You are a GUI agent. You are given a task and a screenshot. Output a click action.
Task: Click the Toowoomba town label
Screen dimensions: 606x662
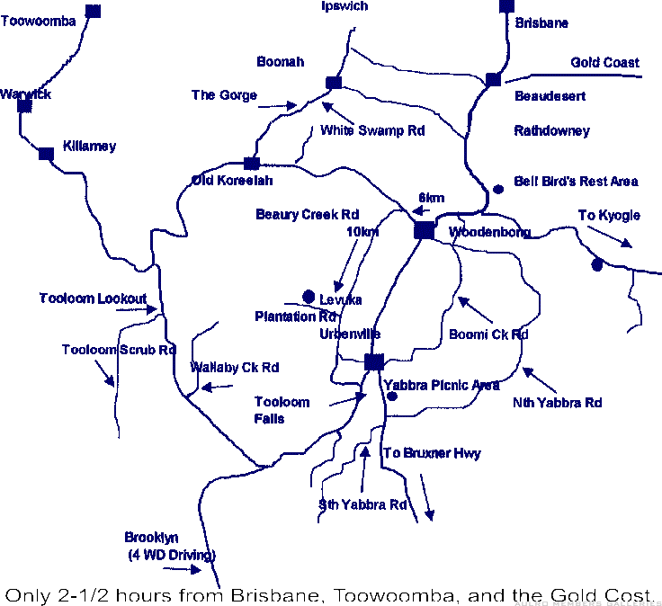pyautogui.click(x=38, y=22)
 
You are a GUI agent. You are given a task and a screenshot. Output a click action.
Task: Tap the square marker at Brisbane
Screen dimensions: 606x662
pyautogui.click(x=506, y=6)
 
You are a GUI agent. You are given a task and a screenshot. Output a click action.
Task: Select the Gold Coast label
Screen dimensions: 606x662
pyautogui.click(x=604, y=63)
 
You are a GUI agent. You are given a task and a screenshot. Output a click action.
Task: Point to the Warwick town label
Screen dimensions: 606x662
pyautogui.click(x=25, y=94)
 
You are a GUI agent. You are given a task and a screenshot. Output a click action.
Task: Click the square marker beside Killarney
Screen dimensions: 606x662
pyautogui.click(x=46, y=154)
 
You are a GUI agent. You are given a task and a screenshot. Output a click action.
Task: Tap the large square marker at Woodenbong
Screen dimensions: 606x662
pyautogui.click(x=424, y=230)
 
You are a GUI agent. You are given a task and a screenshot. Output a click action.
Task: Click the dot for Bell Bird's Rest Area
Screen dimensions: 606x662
pyautogui.click(x=499, y=189)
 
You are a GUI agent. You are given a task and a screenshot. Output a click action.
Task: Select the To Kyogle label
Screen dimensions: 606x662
pyautogui.click(x=609, y=215)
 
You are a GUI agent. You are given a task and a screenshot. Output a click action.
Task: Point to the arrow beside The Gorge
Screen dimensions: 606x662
pyautogui.click(x=282, y=105)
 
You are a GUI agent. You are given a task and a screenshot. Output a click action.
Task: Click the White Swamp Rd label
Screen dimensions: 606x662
pyautogui.click(x=372, y=130)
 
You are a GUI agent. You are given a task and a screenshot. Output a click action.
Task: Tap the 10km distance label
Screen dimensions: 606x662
pyautogui.click(x=362, y=232)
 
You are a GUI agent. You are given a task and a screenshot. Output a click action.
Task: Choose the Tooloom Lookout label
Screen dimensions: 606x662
pyautogui.click(x=93, y=299)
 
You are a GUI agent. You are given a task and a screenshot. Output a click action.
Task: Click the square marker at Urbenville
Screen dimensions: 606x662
pyautogui.click(x=374, y=361)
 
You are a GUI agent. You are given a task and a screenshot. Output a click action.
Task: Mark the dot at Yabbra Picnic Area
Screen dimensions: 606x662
pyautogui.click(x=392, y=396)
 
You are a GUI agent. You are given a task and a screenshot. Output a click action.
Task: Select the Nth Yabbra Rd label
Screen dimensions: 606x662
pyautogui.click(x=557, y=403)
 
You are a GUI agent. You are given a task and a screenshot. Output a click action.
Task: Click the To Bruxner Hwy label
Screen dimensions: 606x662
pyautogui.click(x=432, y=453)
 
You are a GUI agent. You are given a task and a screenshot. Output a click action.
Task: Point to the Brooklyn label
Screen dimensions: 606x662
pyautogui.click(x=151, y=538)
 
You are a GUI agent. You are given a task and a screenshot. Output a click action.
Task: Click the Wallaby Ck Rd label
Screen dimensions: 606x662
pyautogui.click(x=235, y=368)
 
